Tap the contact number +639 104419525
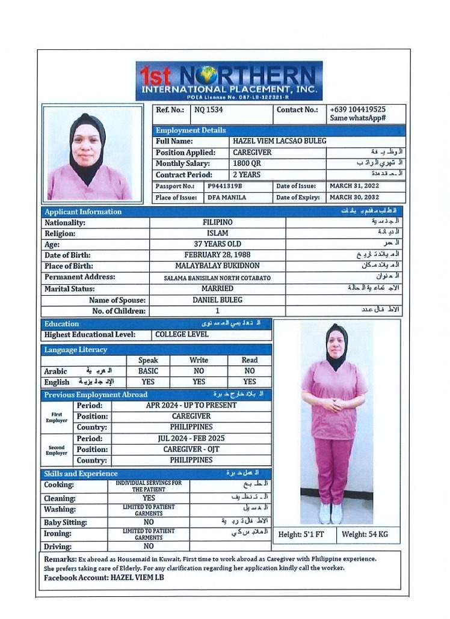[x=358, y=109]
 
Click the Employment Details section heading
[x=191, y=130]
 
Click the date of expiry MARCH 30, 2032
[x=354, y=198]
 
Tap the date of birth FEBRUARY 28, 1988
[x=217, y=255]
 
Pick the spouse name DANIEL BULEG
[x=217, y=300]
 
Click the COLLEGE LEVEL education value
[x=182, y=335]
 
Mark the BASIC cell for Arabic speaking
[x=148, y=371]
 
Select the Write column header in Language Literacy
[x=199, y=361]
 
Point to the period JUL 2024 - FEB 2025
[x=191, y=439]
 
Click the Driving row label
[x=58, y=547]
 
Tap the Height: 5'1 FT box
[x=301, y=534]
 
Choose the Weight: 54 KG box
[x=365, y=534]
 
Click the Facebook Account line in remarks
[x=103, y=578]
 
